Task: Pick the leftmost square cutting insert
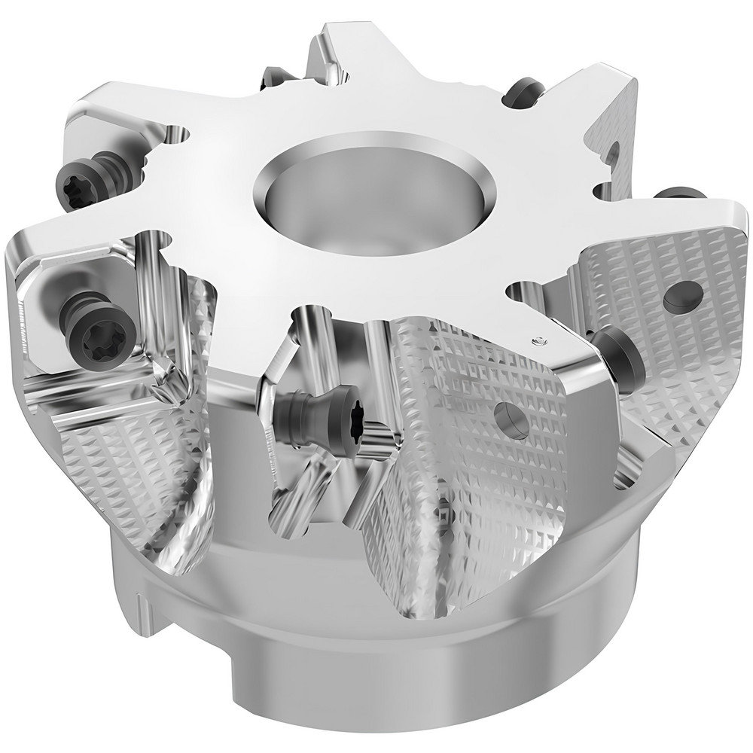(72, 316)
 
